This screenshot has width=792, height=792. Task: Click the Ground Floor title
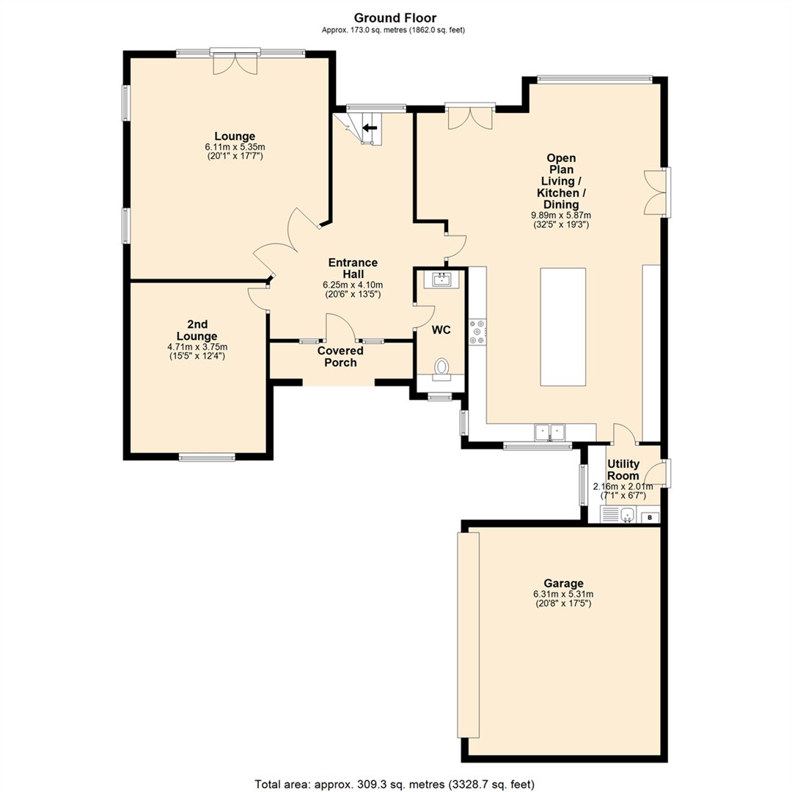coord(395,18)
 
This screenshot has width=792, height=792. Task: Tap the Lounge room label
coord(235,136)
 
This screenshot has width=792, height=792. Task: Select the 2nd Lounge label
coord(197,330)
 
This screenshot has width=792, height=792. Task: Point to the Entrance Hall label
coord(353,268)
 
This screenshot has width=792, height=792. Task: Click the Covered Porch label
coord(340,356)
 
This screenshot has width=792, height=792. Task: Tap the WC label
coord(441,330)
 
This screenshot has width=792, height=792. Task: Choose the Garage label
coord(563,584)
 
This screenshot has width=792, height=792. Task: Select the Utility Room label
coord(623,470)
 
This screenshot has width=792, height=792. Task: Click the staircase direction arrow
coord(370,128)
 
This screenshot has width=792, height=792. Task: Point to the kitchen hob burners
coord(477,332)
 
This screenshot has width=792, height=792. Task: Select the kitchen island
coord(563,327)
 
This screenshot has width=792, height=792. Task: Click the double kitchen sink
coord(550,433)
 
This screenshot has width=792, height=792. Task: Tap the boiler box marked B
coord(650,517)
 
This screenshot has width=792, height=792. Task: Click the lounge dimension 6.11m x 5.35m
coord(235,147)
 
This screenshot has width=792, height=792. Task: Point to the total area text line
coord(395,784)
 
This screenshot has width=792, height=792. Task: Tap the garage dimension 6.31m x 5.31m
coord(563,594)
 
